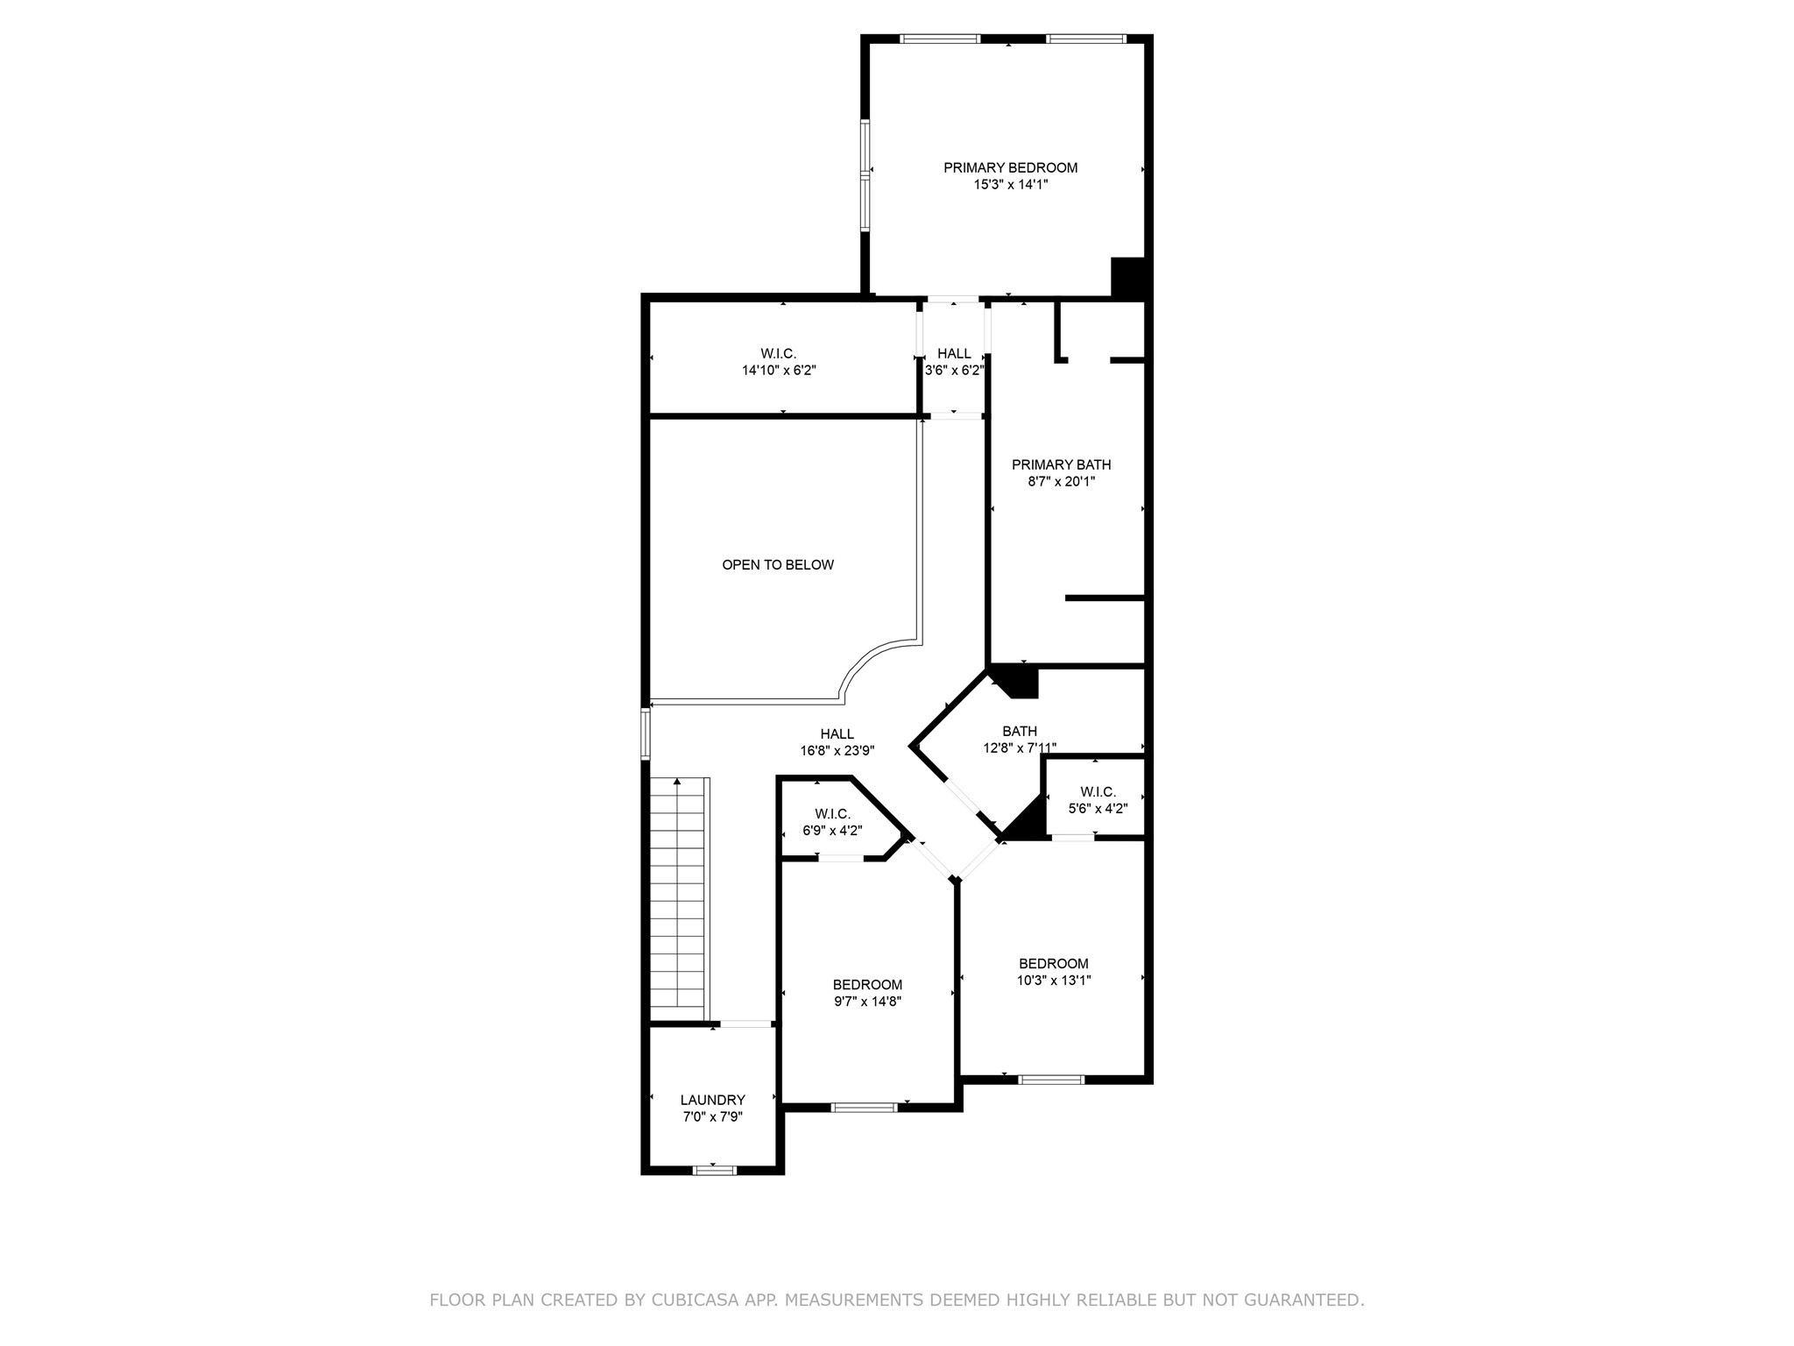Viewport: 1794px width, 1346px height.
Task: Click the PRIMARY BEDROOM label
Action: [1010, 167]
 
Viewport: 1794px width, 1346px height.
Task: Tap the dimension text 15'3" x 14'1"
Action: [1010, 185]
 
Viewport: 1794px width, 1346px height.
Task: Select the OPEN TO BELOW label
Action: [778, 565]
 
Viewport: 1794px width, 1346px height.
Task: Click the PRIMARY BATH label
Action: [1061, 464]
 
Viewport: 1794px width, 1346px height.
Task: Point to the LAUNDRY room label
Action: [712, 1100]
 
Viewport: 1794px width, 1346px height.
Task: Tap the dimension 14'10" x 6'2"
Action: [779, 371]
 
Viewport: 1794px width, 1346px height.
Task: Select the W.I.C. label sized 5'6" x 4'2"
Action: [1098, 792]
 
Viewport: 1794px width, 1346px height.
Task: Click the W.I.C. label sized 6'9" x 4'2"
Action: [832, 814]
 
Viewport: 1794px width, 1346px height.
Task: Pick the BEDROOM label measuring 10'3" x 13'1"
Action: [1053, 964]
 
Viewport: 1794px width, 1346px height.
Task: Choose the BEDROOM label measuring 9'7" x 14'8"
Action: [867, 985]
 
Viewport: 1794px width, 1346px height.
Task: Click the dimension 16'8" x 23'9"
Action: [837, 751]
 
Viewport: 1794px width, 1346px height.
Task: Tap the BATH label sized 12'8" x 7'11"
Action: [1020, 731]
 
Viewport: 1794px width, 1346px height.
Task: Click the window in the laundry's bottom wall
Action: [714, 1169]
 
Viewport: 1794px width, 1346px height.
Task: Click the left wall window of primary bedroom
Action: [865, 175]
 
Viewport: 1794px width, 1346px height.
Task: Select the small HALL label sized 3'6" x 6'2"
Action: [954, 353]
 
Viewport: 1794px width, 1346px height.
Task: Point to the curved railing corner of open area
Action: [872, 663]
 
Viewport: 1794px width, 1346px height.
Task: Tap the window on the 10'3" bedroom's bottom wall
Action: [1051, 1079]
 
